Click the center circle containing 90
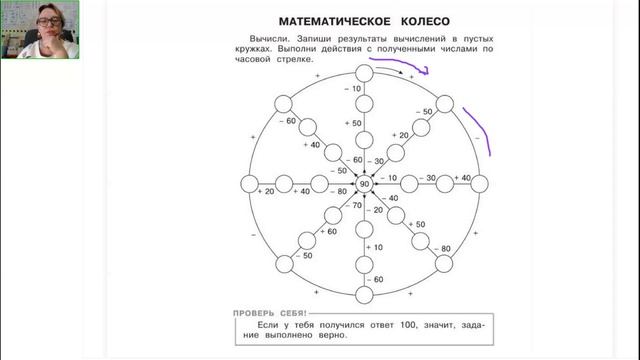pyautogui.click(x=364, y=185)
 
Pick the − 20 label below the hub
pyautogui.click(x=376, y=210)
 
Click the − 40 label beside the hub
pyautogui.click(x=390, y=198)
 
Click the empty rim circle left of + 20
pyautogui.click(x=249, y=185)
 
